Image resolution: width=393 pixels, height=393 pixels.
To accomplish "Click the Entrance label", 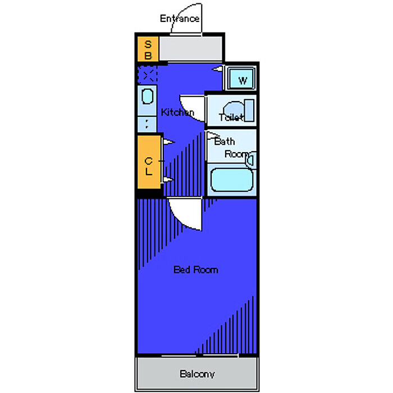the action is (180, 19).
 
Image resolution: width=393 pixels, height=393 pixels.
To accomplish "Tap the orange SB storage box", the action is (148, 49).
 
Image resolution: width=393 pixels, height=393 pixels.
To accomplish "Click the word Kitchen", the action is (177, 112).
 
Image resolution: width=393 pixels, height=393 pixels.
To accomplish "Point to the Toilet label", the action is (231, 117).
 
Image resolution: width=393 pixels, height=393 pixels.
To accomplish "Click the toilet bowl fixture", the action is (234, 110).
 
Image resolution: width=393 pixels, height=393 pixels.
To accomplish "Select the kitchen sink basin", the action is (147, 96).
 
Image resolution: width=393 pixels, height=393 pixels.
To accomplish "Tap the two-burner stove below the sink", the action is (147, 124).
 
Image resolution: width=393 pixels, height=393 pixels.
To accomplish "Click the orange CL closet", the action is (149, 162).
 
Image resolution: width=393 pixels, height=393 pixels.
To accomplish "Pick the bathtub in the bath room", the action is (231, 180).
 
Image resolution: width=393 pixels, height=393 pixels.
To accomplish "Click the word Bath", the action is (225, 141).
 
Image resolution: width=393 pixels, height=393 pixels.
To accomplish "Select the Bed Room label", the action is (196, 270).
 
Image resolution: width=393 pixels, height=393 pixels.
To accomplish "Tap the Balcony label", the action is (197, 374).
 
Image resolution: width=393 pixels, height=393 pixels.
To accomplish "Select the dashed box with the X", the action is (147, 75).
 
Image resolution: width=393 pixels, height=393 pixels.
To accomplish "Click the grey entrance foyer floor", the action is (191, 49).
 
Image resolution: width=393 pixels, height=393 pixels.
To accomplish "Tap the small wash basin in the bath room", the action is (251, 159).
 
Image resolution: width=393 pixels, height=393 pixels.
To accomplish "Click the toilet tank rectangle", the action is (249, 110).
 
